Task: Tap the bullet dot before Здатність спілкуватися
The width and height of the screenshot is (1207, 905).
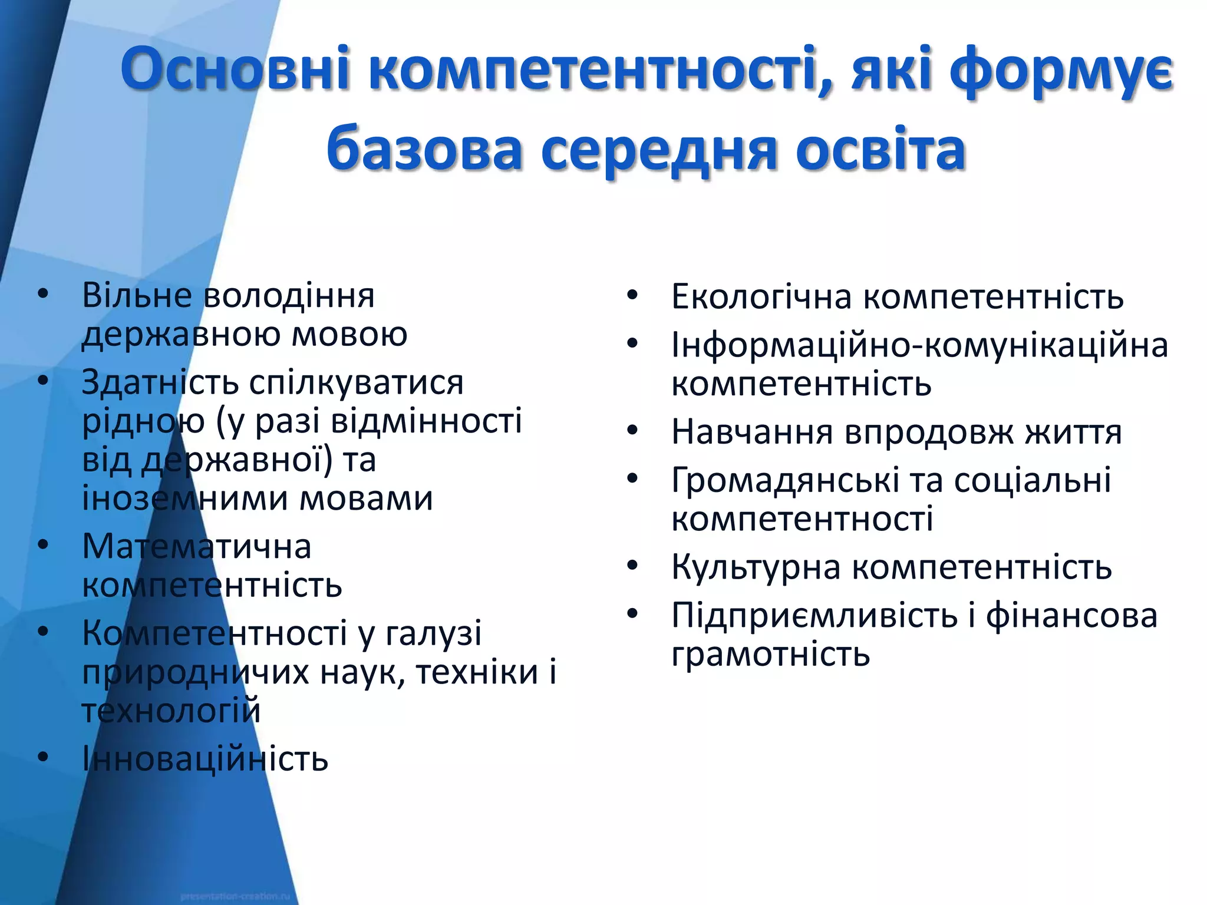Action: click(42, 381)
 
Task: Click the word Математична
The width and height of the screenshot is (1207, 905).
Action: click(196, 546)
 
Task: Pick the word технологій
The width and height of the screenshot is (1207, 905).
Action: click(171, 711)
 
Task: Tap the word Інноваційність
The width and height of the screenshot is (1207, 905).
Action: click(205, 759)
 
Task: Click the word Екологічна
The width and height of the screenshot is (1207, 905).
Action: click(762, 296)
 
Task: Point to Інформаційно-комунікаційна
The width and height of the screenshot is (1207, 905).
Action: click(919, 345)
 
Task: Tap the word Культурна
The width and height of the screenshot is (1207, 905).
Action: click(756, 567)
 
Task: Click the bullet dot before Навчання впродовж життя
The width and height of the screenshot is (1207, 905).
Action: click(632, 431)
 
